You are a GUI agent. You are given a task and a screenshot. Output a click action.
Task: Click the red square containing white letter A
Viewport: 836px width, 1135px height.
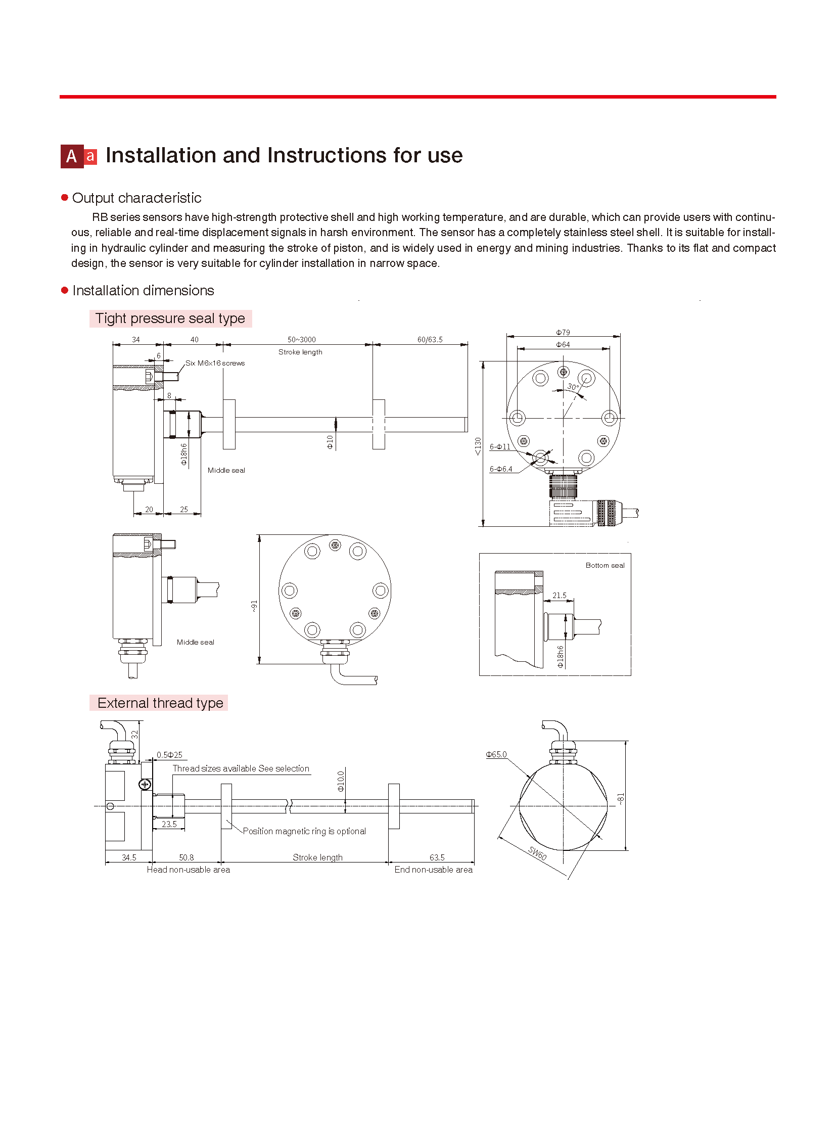coord(72,156)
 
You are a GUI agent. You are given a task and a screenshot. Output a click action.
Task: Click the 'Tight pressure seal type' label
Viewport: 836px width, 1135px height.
coord(170,319)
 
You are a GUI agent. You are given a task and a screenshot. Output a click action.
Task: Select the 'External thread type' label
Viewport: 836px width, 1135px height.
coord(160,703)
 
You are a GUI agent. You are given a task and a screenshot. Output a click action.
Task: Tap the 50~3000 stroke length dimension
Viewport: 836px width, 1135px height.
coord(302,339)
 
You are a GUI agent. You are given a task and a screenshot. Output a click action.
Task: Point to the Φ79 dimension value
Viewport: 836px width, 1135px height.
coord(563,332)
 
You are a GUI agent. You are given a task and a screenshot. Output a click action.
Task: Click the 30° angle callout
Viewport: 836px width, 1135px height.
coord(572,387)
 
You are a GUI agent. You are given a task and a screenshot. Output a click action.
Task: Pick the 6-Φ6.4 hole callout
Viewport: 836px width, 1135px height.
coord(500,469)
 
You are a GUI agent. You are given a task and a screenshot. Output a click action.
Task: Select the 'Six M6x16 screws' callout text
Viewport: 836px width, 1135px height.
coord(215,363)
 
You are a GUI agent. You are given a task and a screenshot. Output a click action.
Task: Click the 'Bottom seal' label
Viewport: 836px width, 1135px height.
coord(605,565)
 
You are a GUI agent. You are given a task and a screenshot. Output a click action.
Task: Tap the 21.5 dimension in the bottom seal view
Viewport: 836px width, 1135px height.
coord(559,596)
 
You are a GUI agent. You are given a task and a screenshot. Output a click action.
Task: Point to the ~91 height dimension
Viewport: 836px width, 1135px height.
coord(254,606)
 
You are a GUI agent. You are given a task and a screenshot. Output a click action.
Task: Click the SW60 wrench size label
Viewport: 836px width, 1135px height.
coord(537,853)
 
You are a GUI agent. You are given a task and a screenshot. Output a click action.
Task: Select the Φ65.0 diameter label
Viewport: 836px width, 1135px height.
coord(496,754)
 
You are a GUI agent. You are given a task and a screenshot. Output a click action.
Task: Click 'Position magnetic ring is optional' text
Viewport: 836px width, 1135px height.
coord(304,831)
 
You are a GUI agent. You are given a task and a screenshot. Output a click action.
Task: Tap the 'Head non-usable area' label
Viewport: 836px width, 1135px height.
coord(188,870)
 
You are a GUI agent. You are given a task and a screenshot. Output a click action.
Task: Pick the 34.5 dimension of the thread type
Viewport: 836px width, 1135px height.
coord(129,857)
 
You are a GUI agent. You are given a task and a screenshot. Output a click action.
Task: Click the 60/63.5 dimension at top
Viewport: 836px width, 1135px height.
coord(430,339)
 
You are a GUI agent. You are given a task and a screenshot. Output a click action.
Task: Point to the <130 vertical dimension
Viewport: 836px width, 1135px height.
coord(478,446)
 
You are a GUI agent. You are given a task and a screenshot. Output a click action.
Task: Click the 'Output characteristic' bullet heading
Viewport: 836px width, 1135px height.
coord(136,198)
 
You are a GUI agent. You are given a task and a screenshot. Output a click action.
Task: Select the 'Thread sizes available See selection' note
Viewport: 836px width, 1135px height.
coord(241,768)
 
